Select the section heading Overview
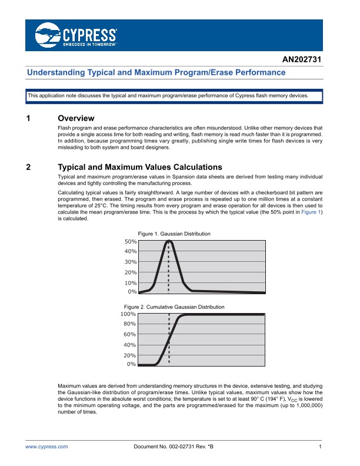coord(76,118)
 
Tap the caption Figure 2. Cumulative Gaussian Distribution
coord(174,307)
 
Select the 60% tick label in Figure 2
coord(129,334)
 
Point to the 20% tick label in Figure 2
coord(129,355)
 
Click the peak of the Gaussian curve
coord(169,241)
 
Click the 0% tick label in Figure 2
coord(132,365)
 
